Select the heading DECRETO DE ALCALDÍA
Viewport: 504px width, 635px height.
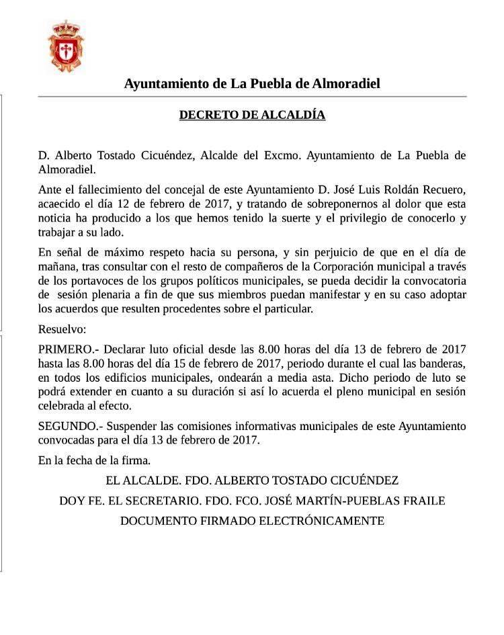(x=252, y=115)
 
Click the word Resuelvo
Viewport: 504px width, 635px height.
(x=62, y=330)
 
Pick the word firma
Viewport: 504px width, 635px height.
(x=135, y=460)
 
